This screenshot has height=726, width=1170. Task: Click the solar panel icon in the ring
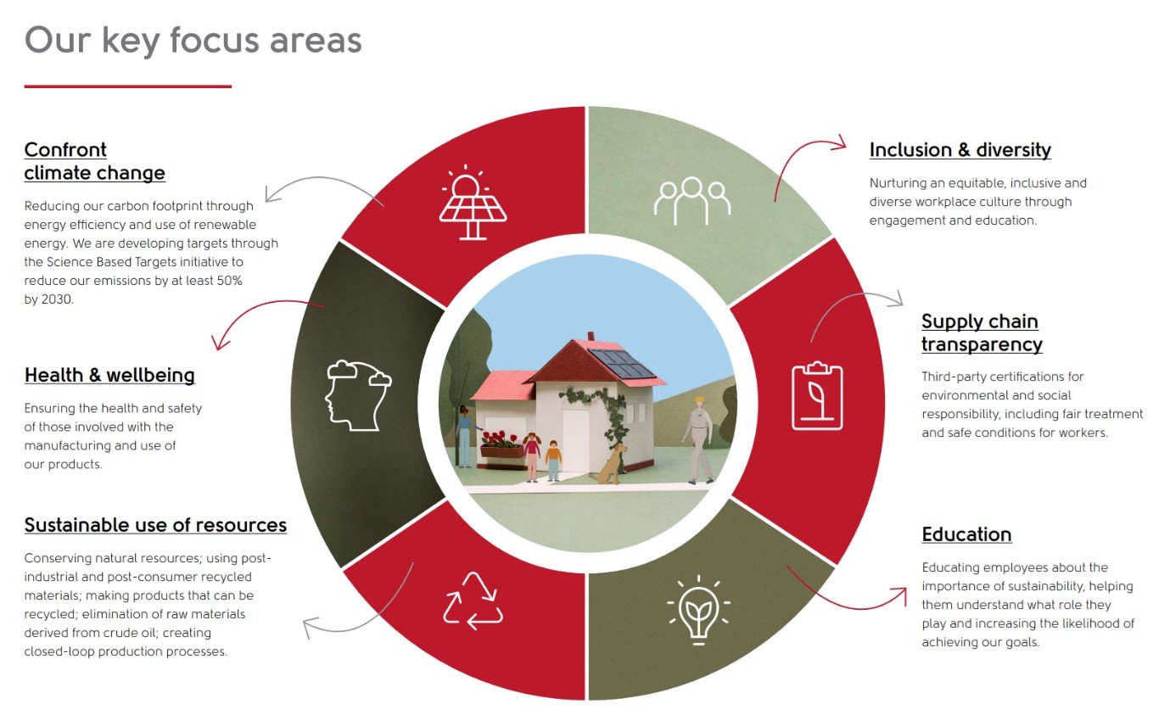pos(473,203)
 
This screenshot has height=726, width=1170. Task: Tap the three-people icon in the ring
pos(692,201)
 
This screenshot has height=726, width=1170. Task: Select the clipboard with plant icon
pos(817,396)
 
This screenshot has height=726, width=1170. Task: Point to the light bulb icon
pos(698,610)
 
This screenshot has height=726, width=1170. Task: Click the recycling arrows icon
pos(473,600)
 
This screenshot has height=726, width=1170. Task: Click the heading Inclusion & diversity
pos(960,150)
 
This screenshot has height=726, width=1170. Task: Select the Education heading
pos(966,534)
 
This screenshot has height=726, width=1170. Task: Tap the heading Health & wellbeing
pos(109,375)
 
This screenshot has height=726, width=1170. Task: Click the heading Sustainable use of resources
pos(155,525)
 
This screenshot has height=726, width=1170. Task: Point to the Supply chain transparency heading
pos(982,332)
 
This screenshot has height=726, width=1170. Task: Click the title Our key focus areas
pos(193,40)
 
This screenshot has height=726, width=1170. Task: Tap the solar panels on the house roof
pos(622,364)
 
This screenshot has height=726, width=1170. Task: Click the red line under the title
pos(128,87)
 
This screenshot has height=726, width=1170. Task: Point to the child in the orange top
pos(553,461)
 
